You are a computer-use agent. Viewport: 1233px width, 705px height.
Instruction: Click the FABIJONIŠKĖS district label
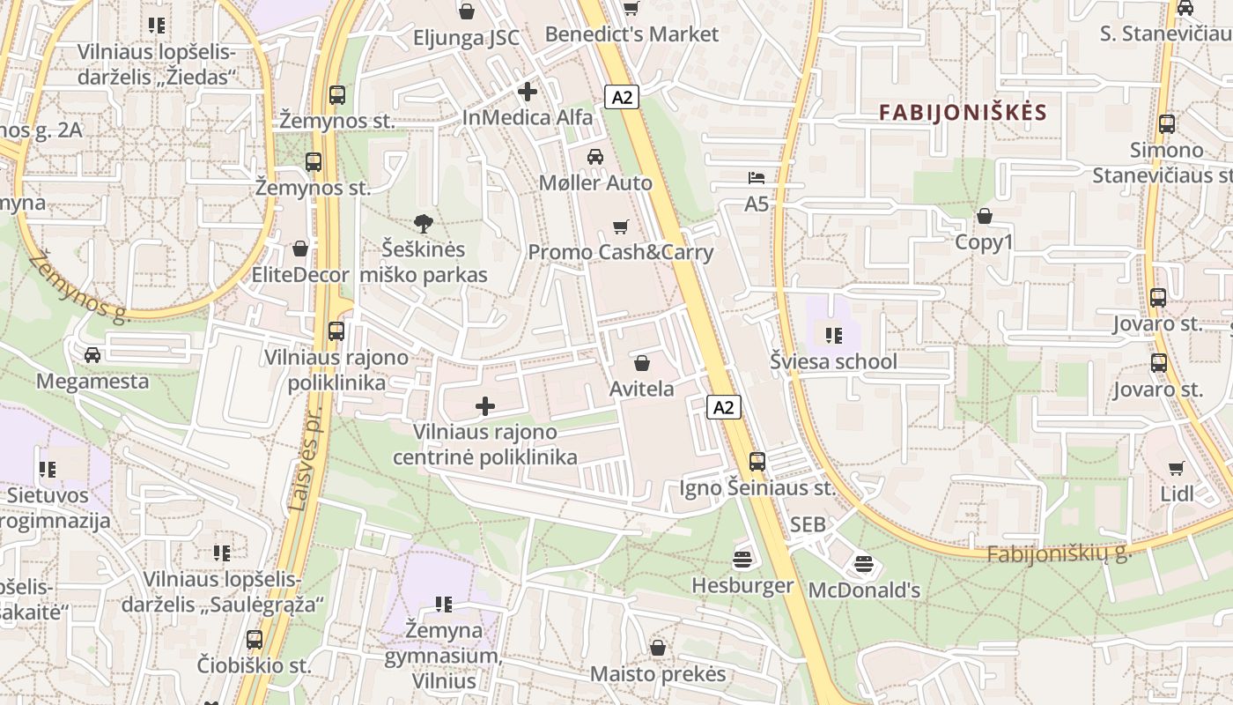pos(963,113)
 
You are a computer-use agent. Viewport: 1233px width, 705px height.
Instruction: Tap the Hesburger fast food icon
pos(742,560)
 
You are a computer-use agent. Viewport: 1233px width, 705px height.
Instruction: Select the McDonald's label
pos(863,590)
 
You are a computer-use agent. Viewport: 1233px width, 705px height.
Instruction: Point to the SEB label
pos(808,524)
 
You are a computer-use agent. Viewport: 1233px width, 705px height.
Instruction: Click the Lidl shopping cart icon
pos(1177,468)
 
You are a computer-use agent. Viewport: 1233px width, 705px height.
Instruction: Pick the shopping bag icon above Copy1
pos(985,216)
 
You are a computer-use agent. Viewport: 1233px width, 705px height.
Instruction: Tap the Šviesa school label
pos(833,361)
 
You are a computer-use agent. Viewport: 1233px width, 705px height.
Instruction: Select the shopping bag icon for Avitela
pos(642,363)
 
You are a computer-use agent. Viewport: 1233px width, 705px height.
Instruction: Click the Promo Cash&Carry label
pos(620,252)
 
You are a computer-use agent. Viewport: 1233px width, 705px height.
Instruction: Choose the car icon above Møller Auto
pos(595,157)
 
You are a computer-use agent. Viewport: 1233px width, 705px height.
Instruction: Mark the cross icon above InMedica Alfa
pos(528,91)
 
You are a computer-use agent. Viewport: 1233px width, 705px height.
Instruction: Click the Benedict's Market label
pos(631,34)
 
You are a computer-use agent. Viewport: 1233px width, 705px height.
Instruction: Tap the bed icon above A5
pos(757,178)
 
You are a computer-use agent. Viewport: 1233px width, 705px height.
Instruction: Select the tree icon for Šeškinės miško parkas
pos(424,224)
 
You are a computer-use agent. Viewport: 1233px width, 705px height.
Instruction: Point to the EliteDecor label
pos(300,275)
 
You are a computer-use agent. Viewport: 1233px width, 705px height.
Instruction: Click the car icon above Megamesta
pos(92,355)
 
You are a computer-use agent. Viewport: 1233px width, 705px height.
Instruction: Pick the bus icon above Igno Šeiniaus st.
pos(757,461)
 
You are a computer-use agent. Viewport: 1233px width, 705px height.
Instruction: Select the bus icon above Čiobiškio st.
pos(255,639)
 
